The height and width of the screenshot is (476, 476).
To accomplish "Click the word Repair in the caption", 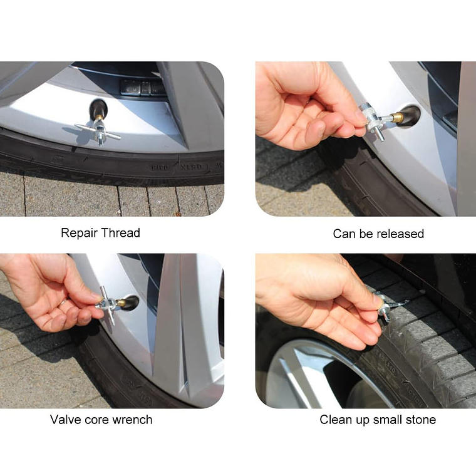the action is click(80, 234).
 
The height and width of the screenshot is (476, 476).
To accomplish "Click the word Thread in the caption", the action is click(120, 233).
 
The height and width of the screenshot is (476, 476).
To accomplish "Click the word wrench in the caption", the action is click(132, 420).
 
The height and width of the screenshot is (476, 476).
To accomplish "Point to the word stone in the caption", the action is click(422, 420).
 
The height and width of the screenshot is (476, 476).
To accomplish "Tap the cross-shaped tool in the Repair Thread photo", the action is click(98, 131).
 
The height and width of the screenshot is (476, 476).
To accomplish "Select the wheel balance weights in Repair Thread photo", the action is click(143, 87).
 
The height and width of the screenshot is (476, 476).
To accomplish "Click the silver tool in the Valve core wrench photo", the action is click(107, 304).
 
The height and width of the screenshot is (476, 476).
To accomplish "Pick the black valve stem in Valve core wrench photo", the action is click(131, 303).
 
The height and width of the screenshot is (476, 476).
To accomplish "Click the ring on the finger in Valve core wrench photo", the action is click(64, 301).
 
